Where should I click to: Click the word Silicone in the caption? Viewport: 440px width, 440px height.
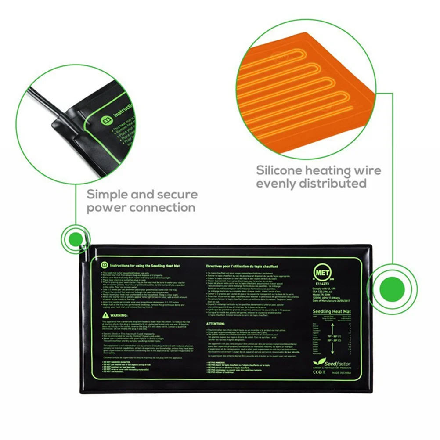[x=281, y=170]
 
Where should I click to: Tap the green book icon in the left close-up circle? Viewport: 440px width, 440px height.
[x=105, y=119]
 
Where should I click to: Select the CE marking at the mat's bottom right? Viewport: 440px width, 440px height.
[x=315, y=372]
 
